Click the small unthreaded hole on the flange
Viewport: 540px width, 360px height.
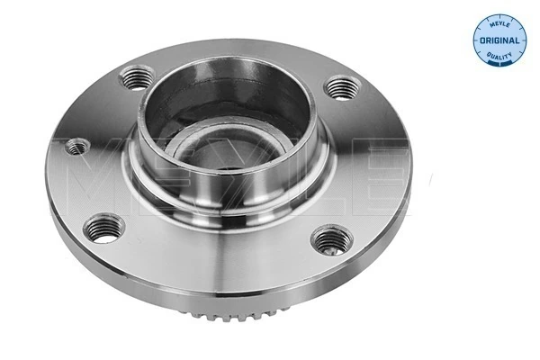76,146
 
